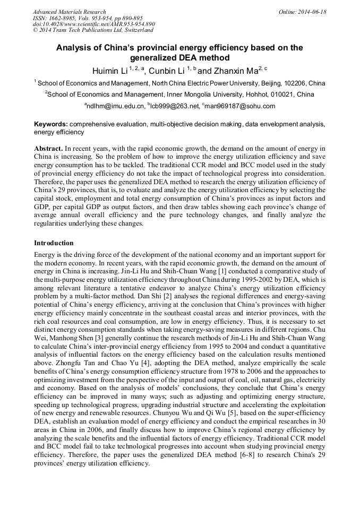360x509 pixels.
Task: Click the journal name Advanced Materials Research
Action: pos(69,12)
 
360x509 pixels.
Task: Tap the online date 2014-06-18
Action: pos(311,12)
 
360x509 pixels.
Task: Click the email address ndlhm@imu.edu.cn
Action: pos(116,106)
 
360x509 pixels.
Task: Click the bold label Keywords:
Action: pos(51,124)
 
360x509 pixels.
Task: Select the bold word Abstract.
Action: pos(49,148)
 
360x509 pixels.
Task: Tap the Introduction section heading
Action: pos(54,243)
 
